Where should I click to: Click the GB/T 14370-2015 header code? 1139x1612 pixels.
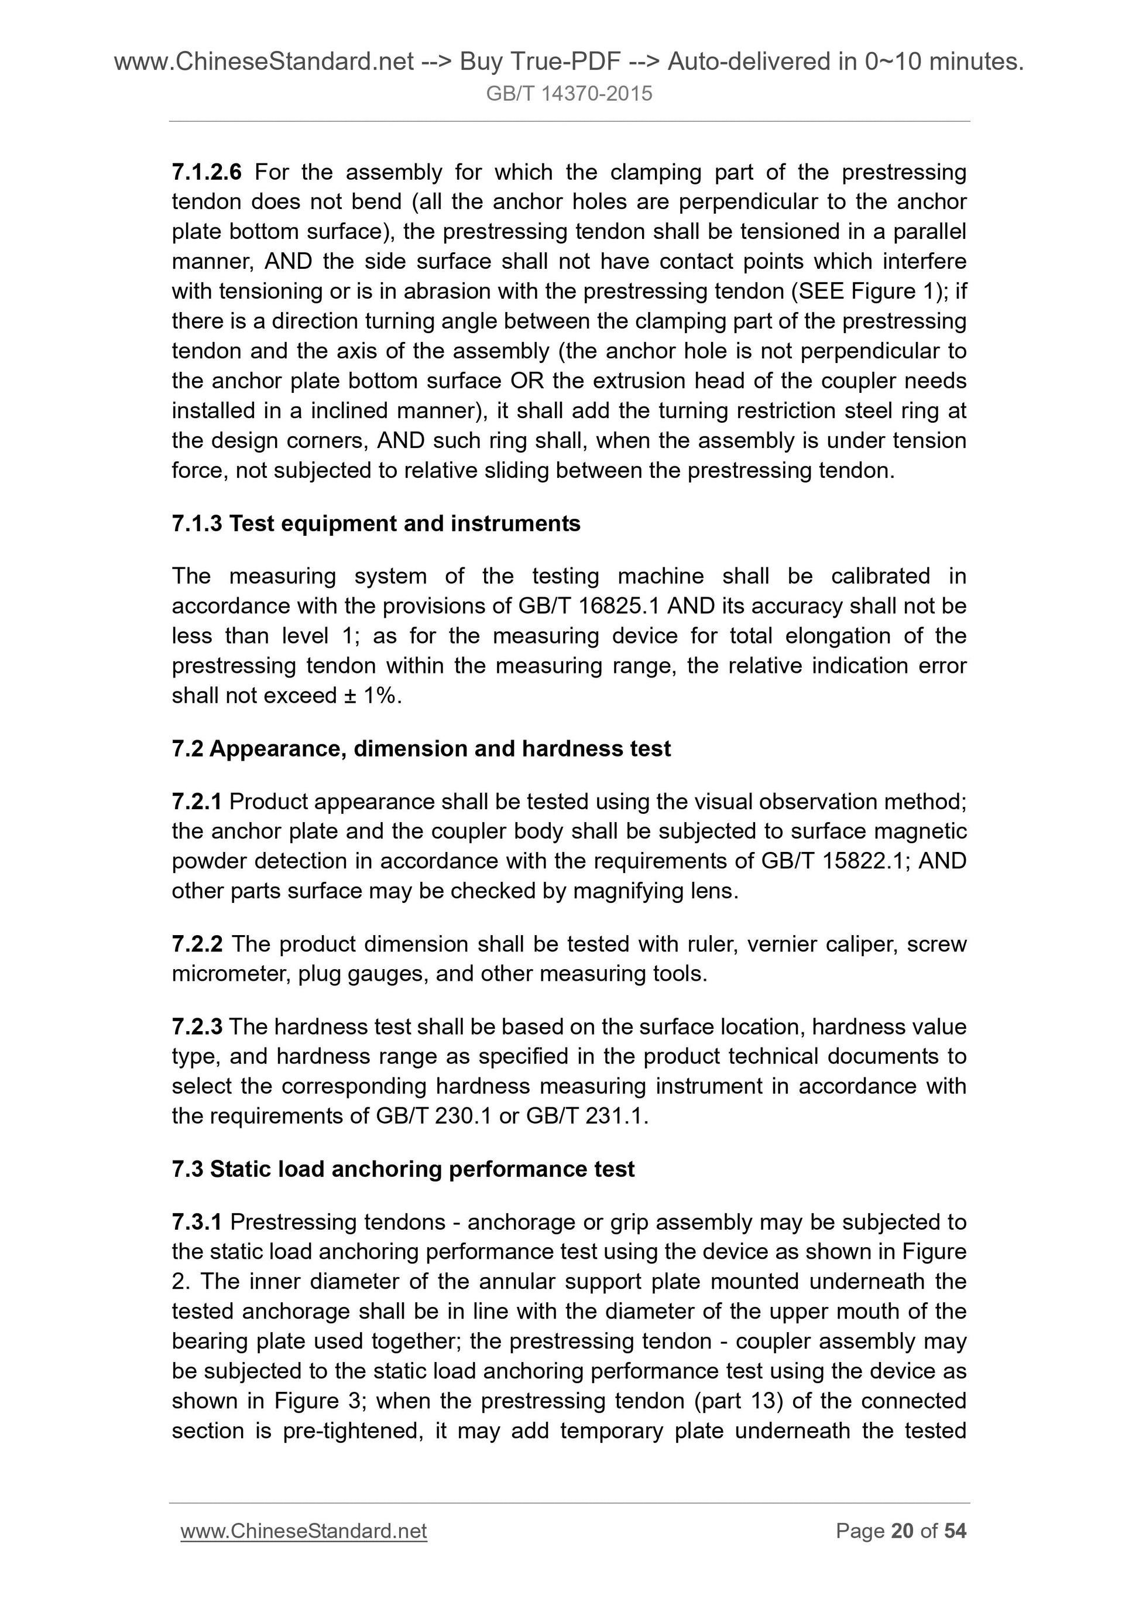pos(568,93)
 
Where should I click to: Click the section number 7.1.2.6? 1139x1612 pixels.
pos(207,172)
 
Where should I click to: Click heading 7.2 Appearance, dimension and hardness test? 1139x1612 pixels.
pos(421,749)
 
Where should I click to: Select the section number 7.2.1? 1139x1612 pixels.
pos(197,802)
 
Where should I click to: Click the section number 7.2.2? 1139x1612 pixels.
pos(197,944)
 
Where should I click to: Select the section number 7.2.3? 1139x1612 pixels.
pos(197,1027)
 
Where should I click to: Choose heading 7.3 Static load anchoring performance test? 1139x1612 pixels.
pos(403,1169)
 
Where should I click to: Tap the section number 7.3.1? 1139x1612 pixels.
pos(197,1223)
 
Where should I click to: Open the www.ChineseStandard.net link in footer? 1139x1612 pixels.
pos(303,1531)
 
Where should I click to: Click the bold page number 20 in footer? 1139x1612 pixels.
pos(902,1531)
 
